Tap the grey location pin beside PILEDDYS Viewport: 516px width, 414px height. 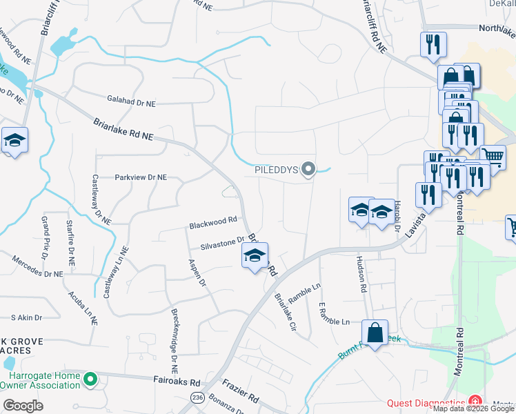click(309, 168)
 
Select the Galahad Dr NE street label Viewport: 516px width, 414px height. click(131, 102)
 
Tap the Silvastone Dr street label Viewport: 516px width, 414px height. click(223, 243)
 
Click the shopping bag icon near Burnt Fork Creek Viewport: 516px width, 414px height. click(375, 333)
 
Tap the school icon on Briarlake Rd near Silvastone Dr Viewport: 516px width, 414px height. click(255, 257)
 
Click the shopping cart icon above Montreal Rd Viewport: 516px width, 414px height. click(493, 157)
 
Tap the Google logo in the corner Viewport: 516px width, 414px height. click(23, 406)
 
